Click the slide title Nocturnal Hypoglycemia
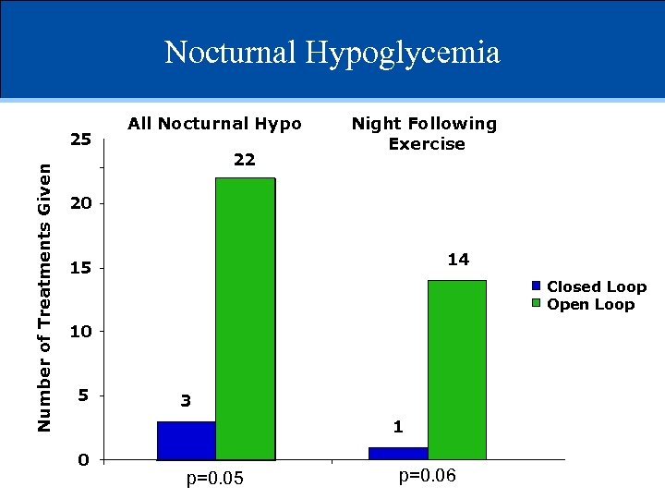click(332, 52)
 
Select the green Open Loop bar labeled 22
click(245, 319)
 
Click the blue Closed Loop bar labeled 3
click(187, 441)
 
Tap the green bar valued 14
click(457, 370)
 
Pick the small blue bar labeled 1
click(398, 453)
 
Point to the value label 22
click(244, 160)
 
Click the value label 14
click(458, 260)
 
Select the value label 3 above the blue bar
click(186, 401)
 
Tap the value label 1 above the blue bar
click(397, 427)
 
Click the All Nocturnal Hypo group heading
click(214, 123)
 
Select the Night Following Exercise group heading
click(424, 133)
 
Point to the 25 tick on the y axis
click(80, 140)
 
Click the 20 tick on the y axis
click(80, 203)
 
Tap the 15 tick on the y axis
click(80, 268)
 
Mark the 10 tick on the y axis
click(80, 331)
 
